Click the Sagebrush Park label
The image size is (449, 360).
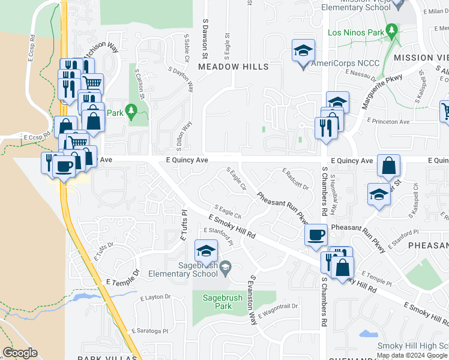point(215,302)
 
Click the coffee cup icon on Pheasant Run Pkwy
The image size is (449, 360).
point(316,235)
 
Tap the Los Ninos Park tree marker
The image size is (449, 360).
point(392,30)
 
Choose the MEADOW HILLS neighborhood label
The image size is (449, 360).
point(234,67)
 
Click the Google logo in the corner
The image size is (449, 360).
point(20,353)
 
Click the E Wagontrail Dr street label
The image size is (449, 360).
point(278,310)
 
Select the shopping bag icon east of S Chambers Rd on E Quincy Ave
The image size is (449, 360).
point(389,166)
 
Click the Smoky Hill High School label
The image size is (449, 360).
point(412,346)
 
